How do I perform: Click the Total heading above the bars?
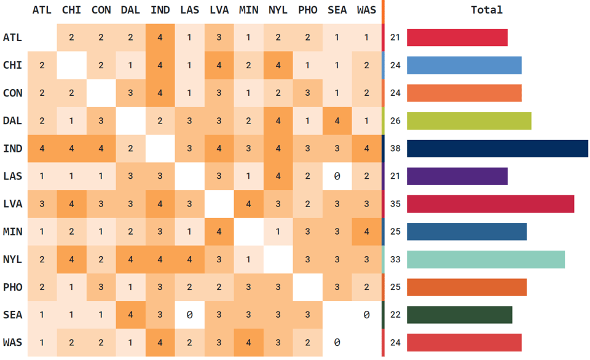(x=487, y=10)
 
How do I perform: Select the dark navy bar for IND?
(x=497, y=149)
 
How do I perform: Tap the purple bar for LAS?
(x=457, y=176)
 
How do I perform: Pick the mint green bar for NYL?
(x=486, y=259)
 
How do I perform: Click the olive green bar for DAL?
(x=469, y=121)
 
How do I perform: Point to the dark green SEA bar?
(x=459, y=315)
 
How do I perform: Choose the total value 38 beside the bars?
(x=395, y=149)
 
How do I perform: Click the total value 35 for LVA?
(x=395, y=204)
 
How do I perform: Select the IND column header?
(x=160, y=10)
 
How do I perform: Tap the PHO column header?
(x=307, y=10)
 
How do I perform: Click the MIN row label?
(x=12, y=232)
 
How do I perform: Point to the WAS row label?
(x=12, y=342)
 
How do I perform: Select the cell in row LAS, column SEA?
(x=337, y=176)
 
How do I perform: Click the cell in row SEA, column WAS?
(x=366, y=315)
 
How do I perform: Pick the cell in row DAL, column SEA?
(x=337, y=121)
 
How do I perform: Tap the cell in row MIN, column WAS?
(x=366, y=232)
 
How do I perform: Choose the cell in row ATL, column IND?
(x=160, y=38)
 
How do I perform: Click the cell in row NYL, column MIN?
(x=248, y=259)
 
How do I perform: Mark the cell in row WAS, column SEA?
(x=337, y=342)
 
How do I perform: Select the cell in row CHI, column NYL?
(x=278, y=66)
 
